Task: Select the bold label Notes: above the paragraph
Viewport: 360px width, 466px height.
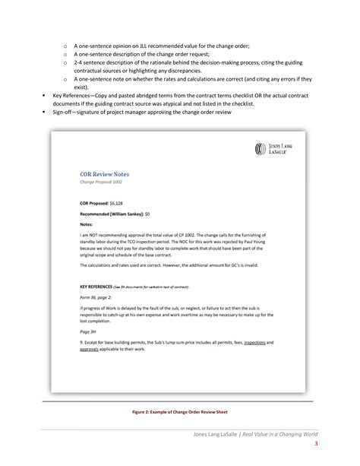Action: (88, 224)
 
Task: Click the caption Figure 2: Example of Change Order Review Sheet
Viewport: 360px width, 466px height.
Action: (179, 411)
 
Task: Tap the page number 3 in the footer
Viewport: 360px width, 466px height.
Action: (315, 444)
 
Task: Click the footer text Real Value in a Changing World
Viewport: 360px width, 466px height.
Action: (276, 432)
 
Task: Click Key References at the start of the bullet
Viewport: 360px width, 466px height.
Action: (73, 97)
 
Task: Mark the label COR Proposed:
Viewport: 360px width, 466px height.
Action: (94, 204)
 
